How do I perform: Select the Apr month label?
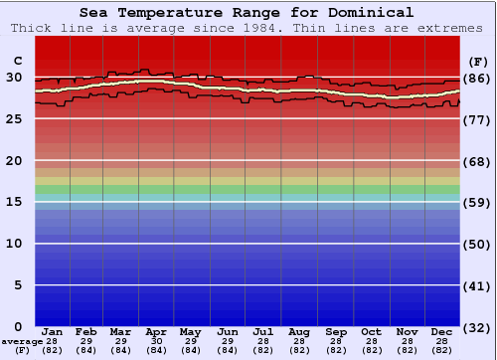tap(156, 332)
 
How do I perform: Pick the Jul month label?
tap(263, 332)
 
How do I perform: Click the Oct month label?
tap(371, 332)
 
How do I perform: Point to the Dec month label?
tap(442, 332)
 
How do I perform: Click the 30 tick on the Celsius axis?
tap(14, 78)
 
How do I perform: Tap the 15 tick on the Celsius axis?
tap(14, 202)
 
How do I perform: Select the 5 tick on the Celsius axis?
tap(18, 285)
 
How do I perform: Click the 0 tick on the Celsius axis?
tap(18, 326)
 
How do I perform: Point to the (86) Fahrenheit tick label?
tap(477, 79)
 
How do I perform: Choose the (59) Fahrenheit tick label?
tap(477, 203)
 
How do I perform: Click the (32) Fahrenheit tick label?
tap(477, 327)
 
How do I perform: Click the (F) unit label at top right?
tap(477, 61)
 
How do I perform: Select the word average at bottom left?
tap(23, 341)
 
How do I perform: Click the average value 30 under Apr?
tap(156, 341)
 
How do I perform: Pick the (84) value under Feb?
tap(86, 350)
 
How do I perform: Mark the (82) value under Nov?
tap(407, 350)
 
